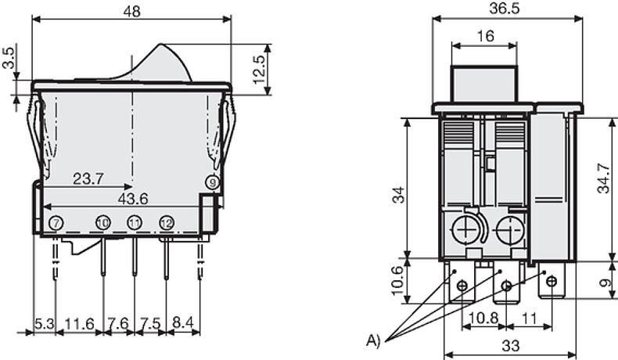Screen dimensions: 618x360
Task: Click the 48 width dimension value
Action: click(x=131, y=12)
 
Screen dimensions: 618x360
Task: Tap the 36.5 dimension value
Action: click(x=505, y=9)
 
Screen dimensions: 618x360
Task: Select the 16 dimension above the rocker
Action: click(x=485, y=36)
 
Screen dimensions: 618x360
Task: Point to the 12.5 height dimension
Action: click(x=259, y=70)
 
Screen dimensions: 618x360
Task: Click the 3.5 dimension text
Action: click(x=9, y=58)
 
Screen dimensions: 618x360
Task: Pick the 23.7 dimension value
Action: click(x=88, y=179)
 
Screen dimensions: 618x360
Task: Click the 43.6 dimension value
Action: click(x=133, y=199)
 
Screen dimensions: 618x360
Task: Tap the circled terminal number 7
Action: click(x=56, y=224)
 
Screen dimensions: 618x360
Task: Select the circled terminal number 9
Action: click(x=213, y=182)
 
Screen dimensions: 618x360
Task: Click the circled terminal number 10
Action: click(x=102, y=224)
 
